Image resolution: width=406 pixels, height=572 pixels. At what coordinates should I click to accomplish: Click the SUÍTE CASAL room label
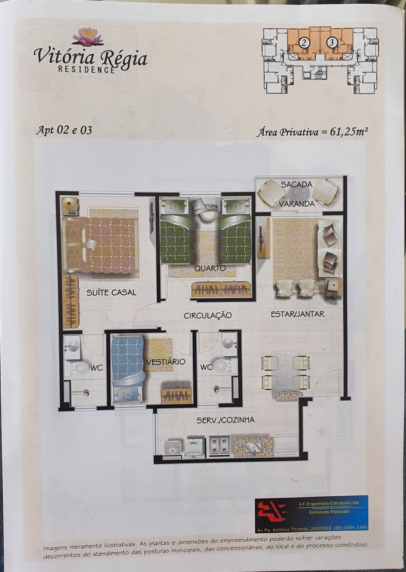[111, 293]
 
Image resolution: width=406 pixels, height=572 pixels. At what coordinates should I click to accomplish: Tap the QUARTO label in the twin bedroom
[210, 268]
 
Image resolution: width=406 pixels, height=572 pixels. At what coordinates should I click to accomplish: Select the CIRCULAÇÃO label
[207, 315]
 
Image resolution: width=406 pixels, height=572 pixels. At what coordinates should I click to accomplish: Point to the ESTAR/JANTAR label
[297, 314]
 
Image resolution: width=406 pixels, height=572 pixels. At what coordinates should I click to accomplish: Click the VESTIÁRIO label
[166, 362]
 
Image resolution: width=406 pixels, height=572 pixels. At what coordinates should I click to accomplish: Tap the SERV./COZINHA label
[225, 420]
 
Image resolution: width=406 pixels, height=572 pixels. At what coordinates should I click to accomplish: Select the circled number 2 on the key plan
[304, 43]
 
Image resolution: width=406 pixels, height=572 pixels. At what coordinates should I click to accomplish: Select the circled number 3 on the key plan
[332, 43]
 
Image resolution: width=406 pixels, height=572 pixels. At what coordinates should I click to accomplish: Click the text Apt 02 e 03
[63, 130]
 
